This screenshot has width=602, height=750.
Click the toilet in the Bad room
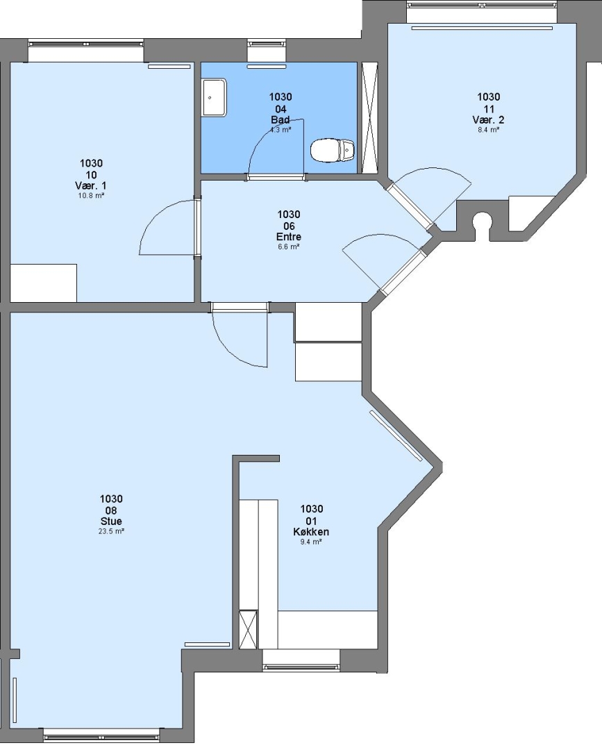(333, 150)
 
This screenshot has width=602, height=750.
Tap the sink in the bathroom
(215, 98)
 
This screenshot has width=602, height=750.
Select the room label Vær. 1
(91, 185)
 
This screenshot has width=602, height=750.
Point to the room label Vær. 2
(488, 119)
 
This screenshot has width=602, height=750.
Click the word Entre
(289, 237)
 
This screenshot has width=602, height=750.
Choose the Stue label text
(111, 522)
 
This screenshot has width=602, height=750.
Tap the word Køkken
(311, 531)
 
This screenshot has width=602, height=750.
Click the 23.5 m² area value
(111, 531)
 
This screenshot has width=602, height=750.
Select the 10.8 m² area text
(91, 196)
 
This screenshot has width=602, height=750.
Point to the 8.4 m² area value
(488, 129)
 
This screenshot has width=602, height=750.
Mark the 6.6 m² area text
(289, 247)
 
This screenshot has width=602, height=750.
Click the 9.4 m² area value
(311, 542)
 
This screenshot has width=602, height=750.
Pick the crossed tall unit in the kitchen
(248, 628)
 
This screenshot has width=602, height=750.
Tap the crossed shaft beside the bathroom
(369, 117)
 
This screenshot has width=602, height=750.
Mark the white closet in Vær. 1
(44, 283)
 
